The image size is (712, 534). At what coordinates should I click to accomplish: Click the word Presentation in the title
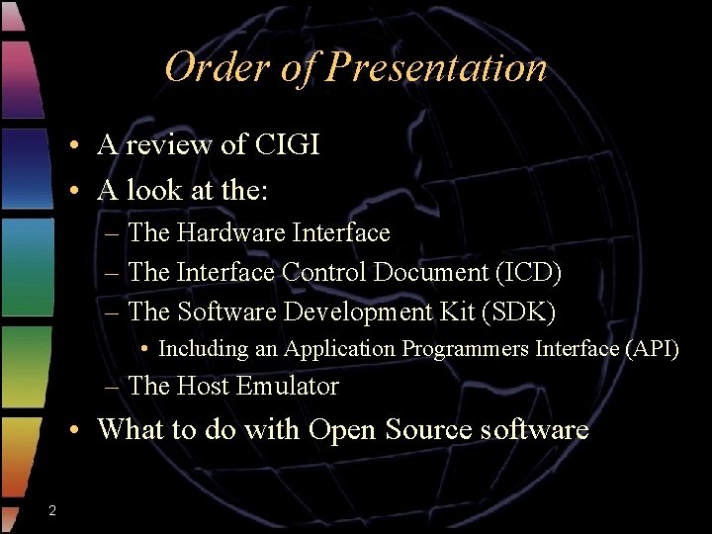click(x=436, y=67)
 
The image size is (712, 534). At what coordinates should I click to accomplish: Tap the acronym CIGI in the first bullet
click(x=287, y=144)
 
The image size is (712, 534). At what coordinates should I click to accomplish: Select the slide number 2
click(x=51, y=509)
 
